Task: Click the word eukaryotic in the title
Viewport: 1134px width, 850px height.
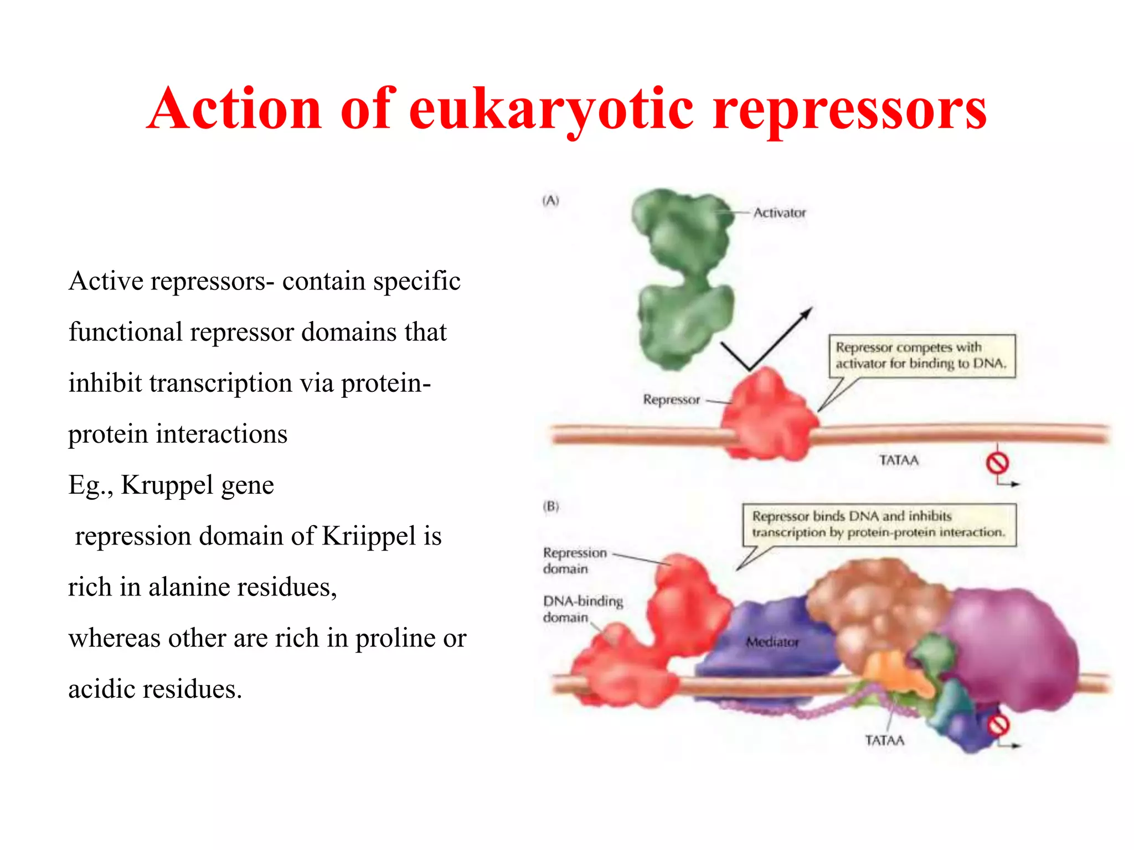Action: (551, 109)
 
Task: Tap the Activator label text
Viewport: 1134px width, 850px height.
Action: (779, 212)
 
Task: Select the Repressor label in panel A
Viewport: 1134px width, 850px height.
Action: (671, 400)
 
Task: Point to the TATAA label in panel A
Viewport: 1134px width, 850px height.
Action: (899, 460)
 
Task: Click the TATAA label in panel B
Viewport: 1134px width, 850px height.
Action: (884, 740)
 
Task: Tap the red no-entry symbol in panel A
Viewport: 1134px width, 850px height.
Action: (997, 463)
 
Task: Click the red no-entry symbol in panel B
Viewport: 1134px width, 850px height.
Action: (998, 725)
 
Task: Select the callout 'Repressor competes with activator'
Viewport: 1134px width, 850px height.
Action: (922, 356)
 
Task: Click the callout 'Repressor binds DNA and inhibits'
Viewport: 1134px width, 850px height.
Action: (879, 524)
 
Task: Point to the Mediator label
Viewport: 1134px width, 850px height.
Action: (772, 642)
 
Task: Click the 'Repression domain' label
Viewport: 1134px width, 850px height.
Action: (574, 561)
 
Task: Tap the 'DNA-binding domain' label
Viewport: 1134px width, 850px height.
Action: (583, 609)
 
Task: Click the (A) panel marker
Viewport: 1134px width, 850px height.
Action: (550, 200)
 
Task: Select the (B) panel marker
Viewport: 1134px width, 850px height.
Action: (551, 506)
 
